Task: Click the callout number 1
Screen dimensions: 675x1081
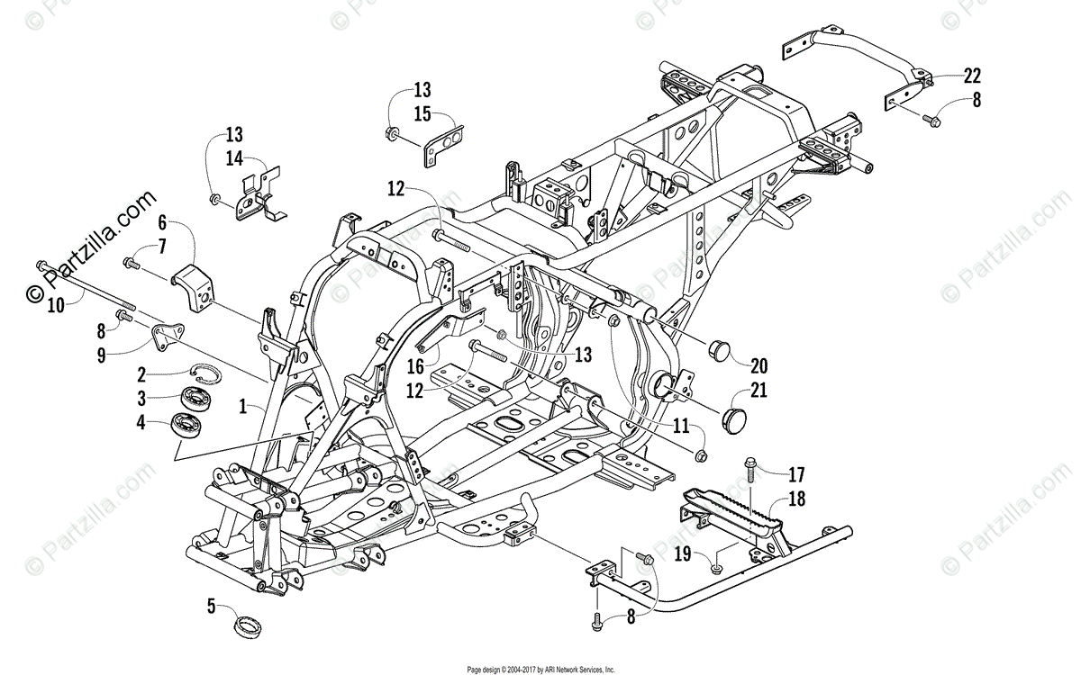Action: point(241,407)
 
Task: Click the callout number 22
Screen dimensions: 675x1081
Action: point(972,76)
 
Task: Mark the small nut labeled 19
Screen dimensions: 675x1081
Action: point(715,567)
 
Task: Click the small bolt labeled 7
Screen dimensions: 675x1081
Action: point(132,263)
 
